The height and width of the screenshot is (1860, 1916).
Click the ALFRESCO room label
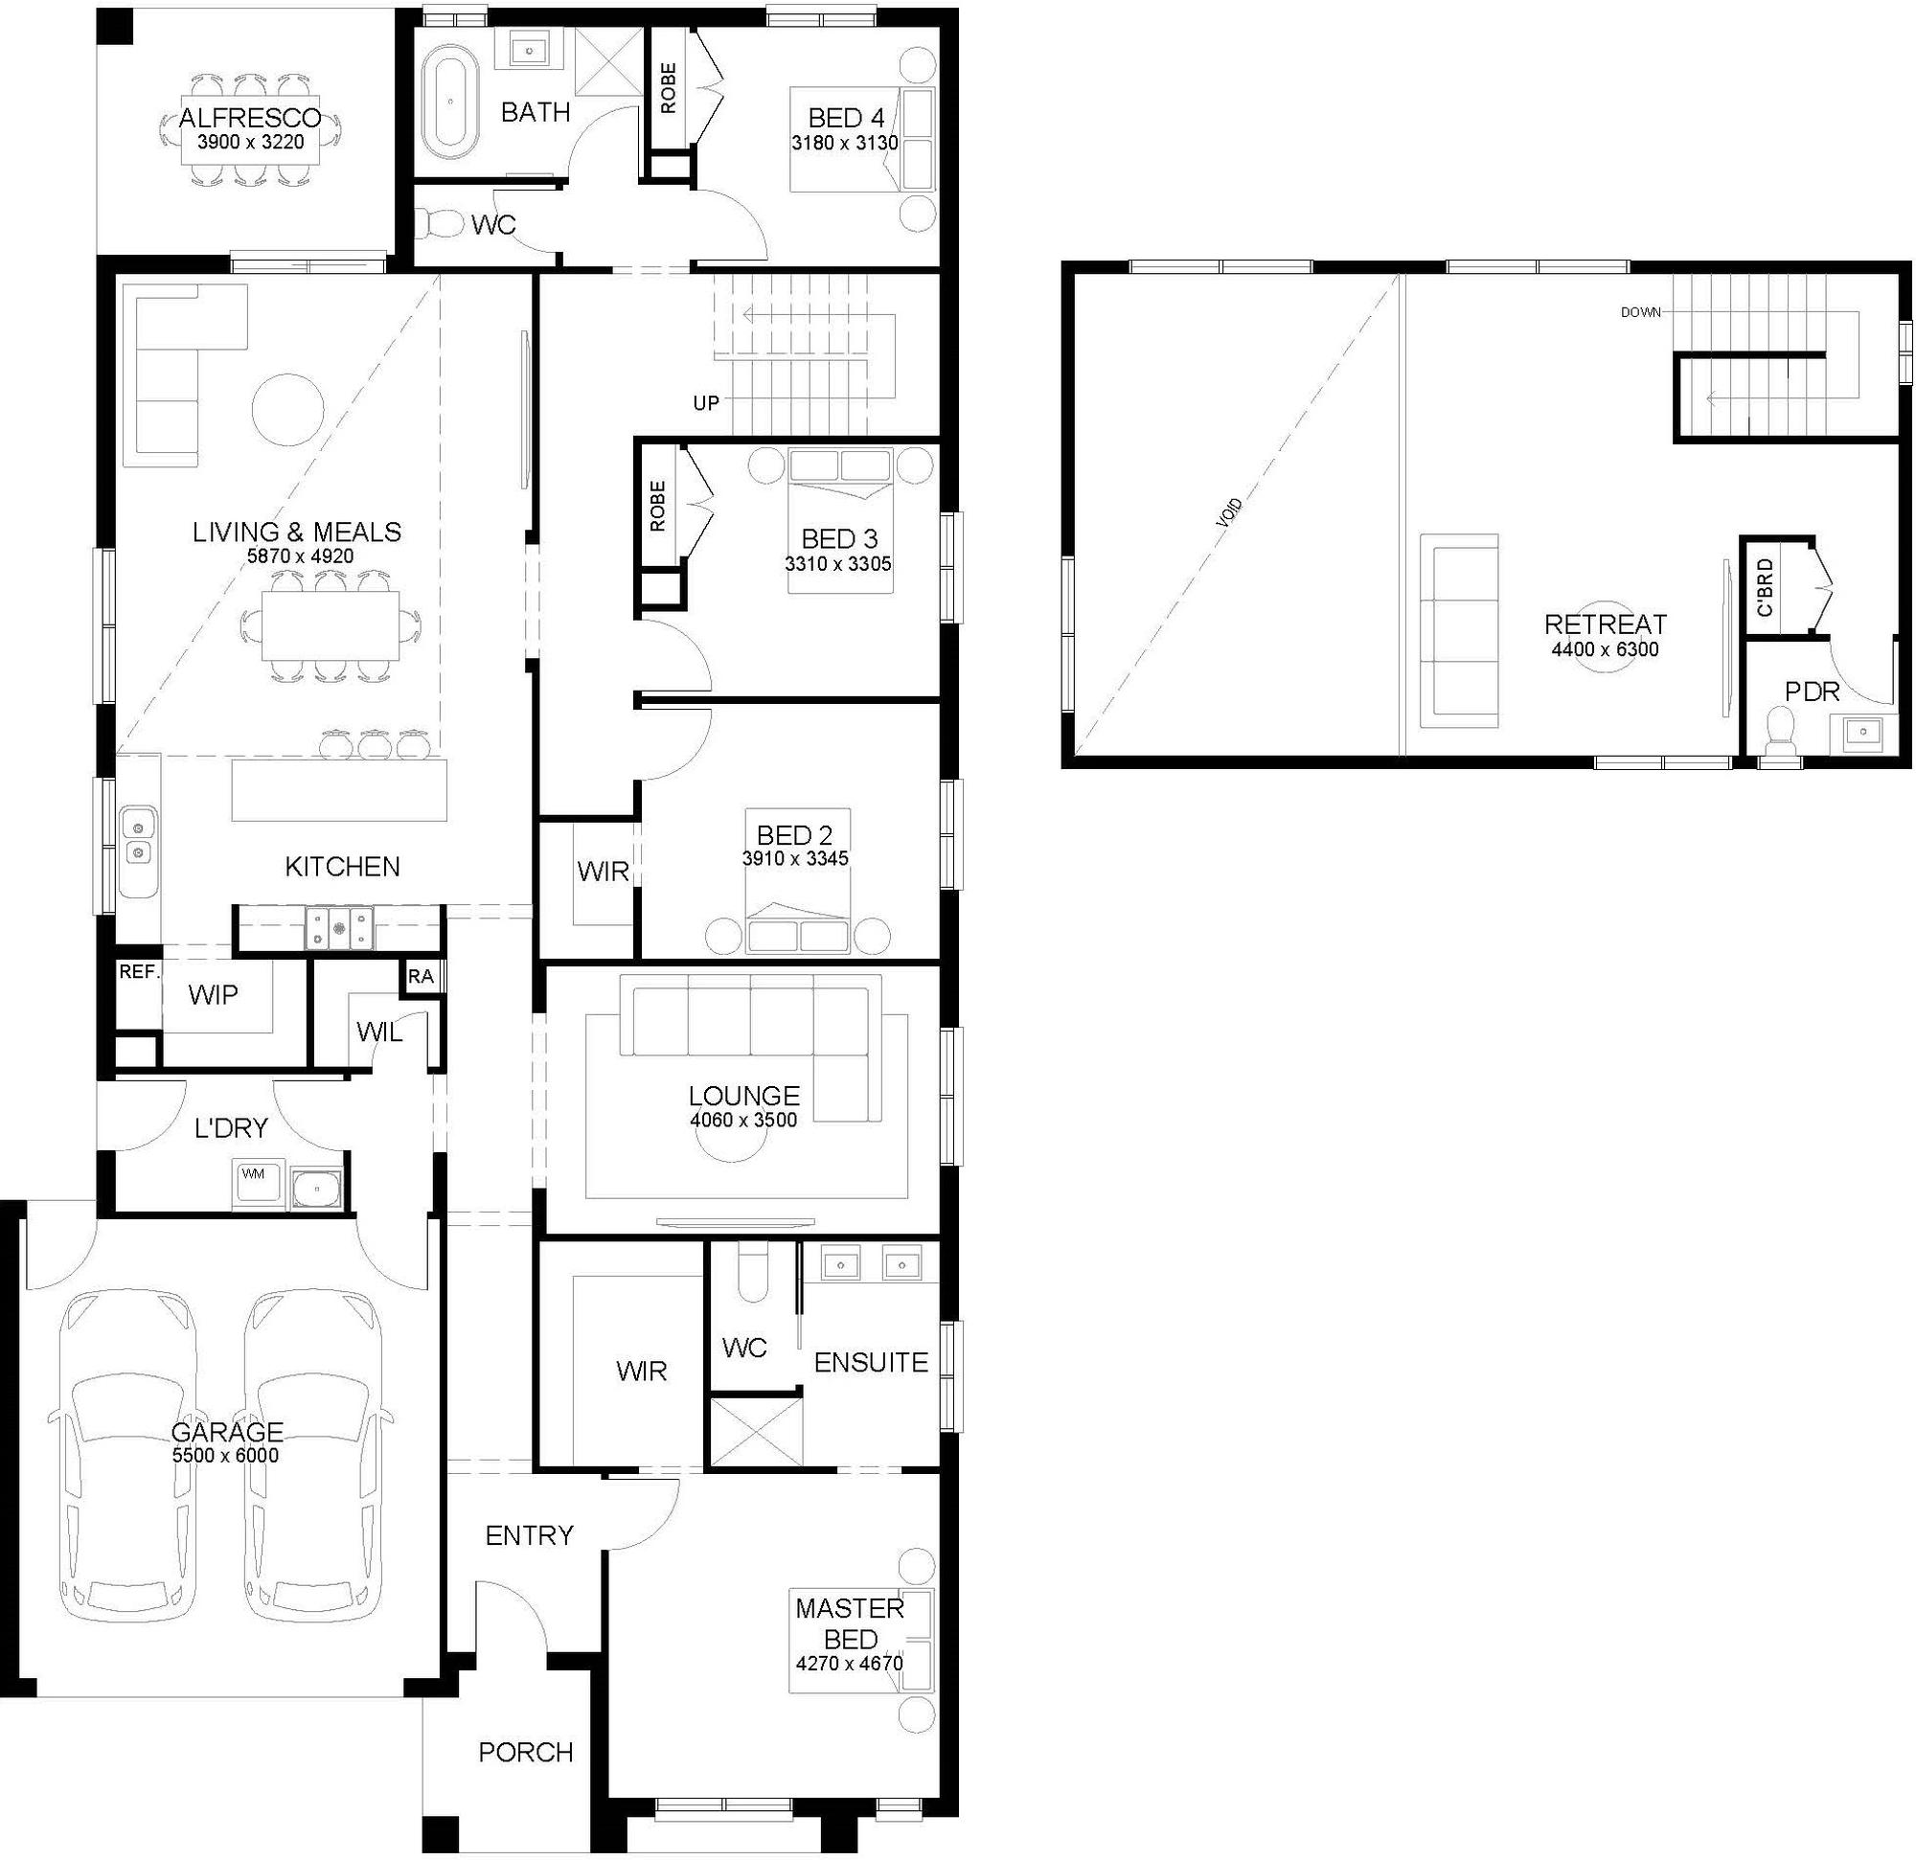click(250, 118)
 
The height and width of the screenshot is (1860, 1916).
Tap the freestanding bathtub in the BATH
click(449, 101)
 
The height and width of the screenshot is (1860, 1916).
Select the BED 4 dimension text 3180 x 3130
click(845, 143)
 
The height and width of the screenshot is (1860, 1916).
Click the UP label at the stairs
click(706, 402)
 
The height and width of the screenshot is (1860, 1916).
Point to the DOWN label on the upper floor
click(1640, 313)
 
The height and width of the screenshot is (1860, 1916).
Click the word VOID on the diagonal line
click(1229, 512)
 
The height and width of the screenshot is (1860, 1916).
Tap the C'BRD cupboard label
click(1765, 587)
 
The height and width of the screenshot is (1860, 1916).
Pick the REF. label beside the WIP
click(139, 972)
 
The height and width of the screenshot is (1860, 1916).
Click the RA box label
click(421, 975)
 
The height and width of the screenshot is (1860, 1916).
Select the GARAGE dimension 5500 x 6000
click(226, 1456)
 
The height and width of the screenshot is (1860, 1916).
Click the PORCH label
click(526, 1753)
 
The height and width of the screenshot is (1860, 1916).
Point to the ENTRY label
click(529, 1535)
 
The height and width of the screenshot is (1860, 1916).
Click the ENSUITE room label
click(871, 1363)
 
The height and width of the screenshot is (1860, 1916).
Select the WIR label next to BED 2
click(604, 872)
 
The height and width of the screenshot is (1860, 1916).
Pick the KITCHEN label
click(342, 867)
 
